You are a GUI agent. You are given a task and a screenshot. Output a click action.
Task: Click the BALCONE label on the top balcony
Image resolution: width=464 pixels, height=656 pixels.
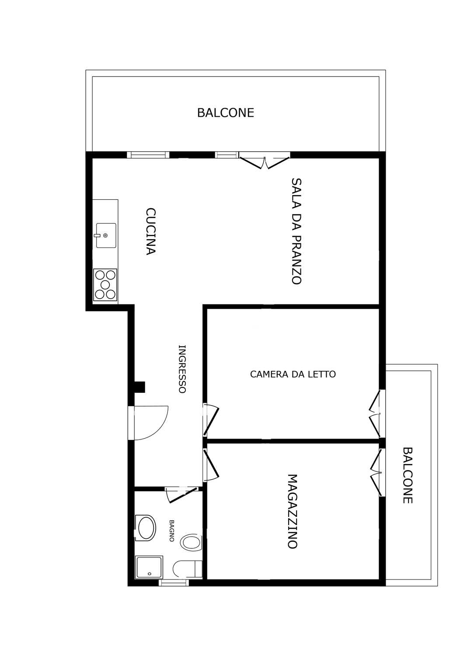pos(225,113)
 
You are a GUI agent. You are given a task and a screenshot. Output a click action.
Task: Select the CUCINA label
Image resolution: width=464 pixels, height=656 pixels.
pos(150,231)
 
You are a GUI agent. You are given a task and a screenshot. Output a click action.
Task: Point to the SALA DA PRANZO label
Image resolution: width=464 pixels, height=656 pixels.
pos(297,231)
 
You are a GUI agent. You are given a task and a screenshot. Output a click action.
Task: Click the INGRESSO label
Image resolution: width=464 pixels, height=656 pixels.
pos(182,369)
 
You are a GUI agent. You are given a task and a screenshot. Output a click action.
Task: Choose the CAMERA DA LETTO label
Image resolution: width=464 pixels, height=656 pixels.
pos(293,374)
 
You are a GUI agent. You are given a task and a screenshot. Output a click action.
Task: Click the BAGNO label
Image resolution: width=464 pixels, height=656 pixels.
pos(172,530)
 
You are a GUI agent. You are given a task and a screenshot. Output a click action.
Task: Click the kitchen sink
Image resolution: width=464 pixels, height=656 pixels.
pos(106,235)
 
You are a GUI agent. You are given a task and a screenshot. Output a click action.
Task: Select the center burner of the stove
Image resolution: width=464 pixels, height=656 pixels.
pos(105,284)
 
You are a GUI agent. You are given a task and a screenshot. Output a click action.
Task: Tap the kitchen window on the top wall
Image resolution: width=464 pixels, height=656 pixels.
pos(148,155)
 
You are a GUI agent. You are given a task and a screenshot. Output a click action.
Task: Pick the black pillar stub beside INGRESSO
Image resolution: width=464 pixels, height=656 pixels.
pos(140,387)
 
